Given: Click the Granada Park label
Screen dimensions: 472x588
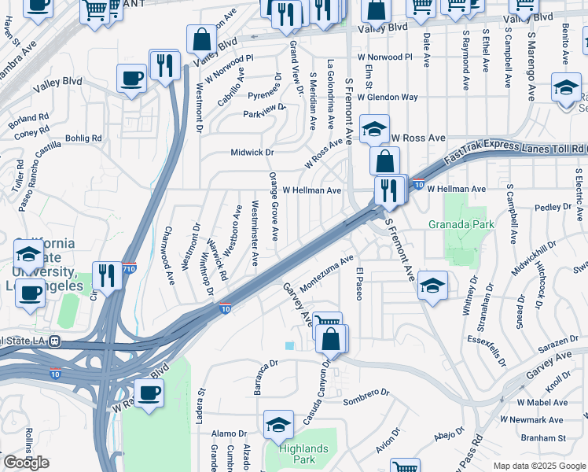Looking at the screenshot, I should (x=461, y=224).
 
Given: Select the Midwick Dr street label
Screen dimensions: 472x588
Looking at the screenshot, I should (x=252, y=152).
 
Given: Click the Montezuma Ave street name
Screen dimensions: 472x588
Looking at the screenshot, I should (x=327, y=272).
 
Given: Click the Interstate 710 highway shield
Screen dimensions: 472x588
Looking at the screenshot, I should (x=130, y=268).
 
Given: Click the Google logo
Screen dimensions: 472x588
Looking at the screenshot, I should (x=26, y=463).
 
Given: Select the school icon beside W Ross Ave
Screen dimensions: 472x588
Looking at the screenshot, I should (x=375, y=127).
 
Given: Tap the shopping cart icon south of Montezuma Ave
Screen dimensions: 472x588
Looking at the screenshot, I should (x=326, y=323).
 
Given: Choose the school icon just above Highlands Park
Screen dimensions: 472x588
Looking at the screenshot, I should (x=278, y=425).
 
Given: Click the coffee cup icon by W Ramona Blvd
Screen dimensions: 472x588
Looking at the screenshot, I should (x=148, y=393).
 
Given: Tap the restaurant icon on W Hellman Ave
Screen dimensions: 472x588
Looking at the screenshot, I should (x=388, y=190).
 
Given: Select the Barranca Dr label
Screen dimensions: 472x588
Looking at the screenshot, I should (x=261, y=377).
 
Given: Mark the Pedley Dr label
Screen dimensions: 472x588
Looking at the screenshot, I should (x=551, y=208).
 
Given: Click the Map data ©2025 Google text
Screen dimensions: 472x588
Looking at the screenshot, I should (x=538, y=466).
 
